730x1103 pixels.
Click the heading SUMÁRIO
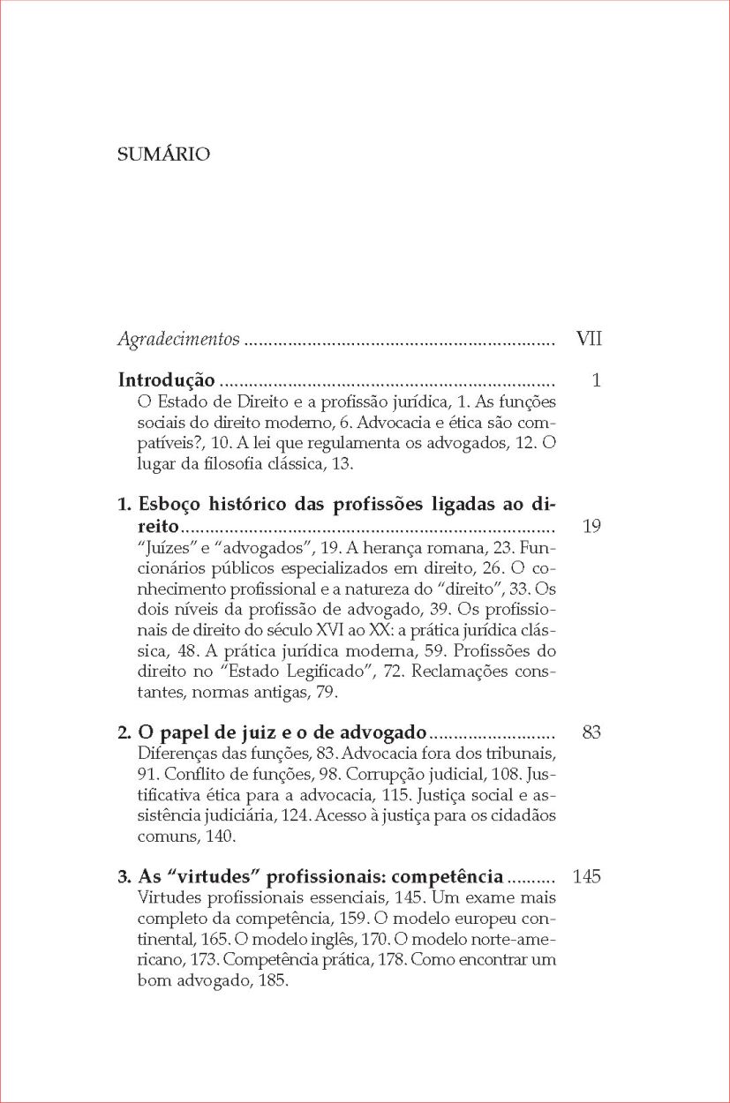pyautogui.click(x=163, y=155)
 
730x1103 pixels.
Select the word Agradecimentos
pyautogui.click(x=178, y=339)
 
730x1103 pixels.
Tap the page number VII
pyautogui.click(x=588, y=338)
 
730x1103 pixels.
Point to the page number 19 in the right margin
pyautogui.click(x=591, y=527)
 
